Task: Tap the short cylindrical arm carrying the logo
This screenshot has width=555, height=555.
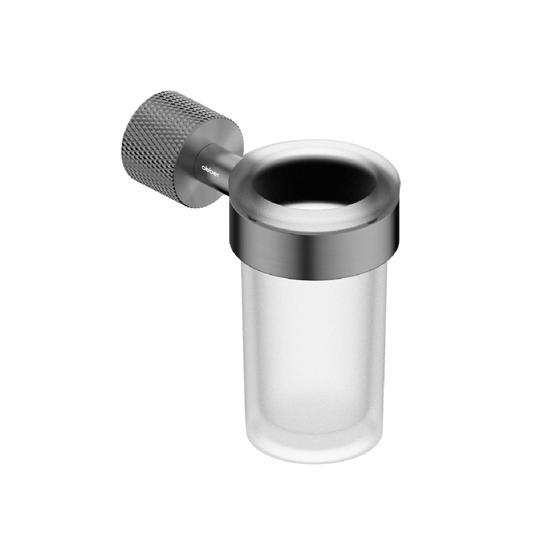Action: (x=216, y=169)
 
